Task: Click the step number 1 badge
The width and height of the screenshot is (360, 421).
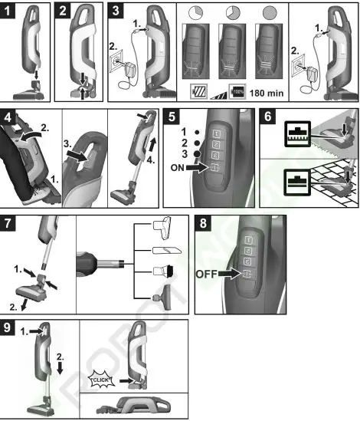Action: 9,10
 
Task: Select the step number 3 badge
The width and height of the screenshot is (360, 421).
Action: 115,10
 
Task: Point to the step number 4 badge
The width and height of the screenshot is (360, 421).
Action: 9,117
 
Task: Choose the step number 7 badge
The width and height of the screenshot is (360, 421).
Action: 9,227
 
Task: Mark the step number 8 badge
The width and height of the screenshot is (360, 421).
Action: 203,227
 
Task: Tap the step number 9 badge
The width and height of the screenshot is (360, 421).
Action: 9,327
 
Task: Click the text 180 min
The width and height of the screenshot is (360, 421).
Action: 269,90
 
